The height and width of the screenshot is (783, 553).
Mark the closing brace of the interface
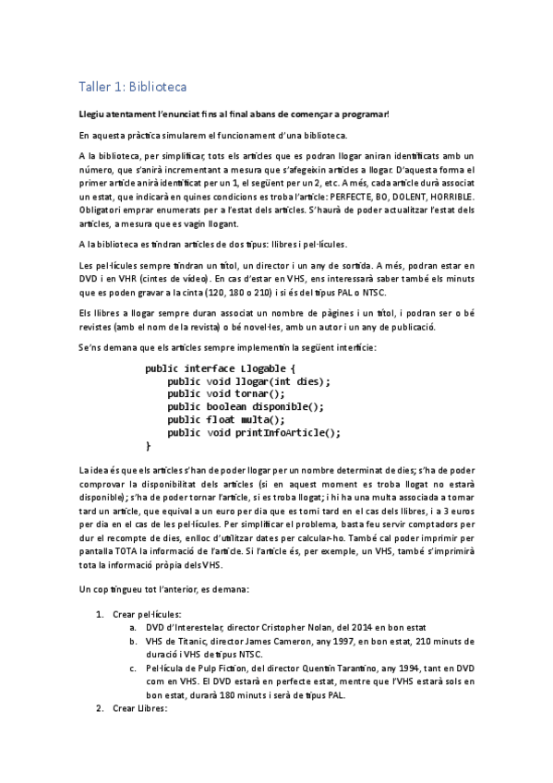tap(148, 445)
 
